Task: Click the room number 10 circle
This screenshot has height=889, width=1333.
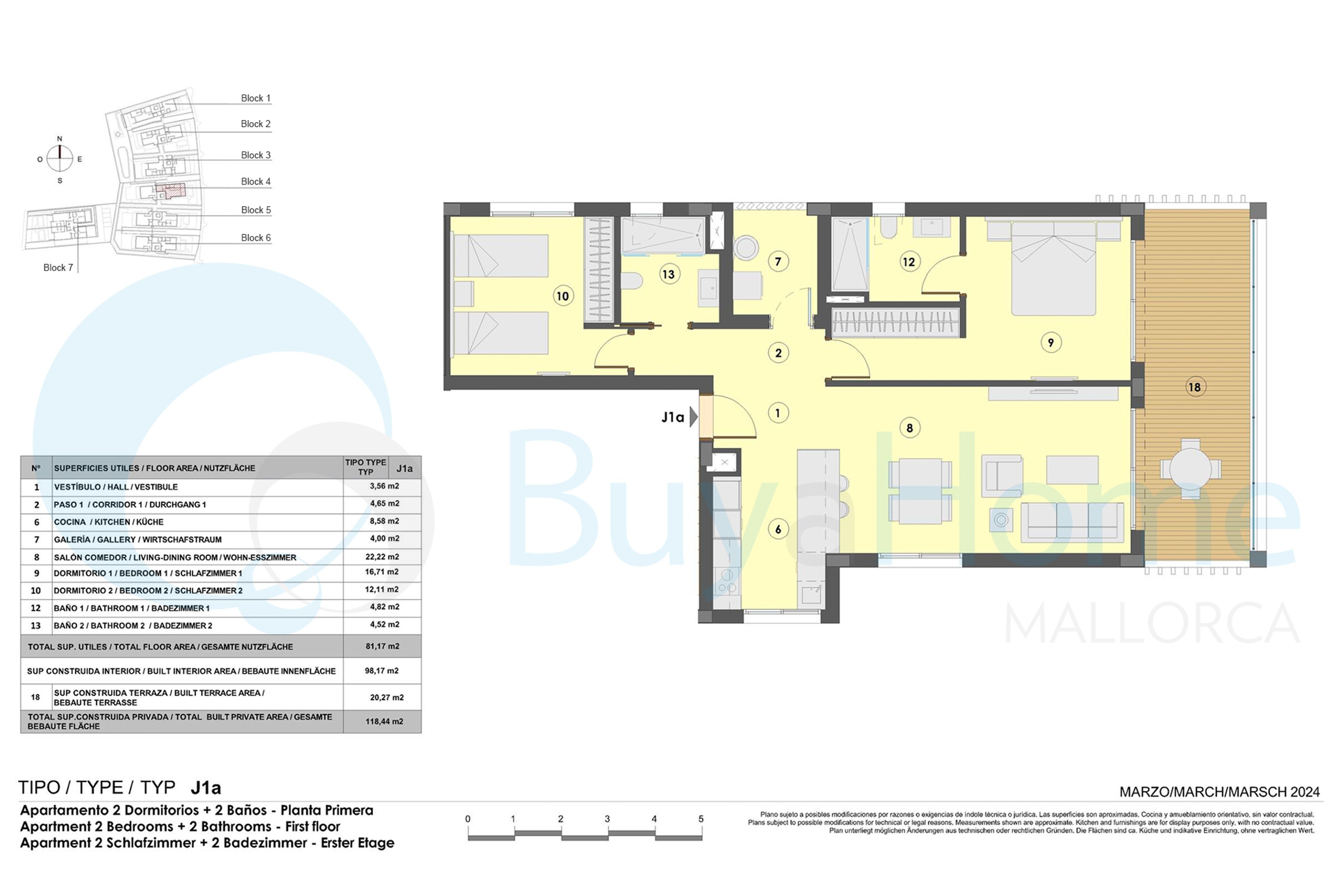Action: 562,296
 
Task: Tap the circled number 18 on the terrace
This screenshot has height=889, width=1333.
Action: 1195,387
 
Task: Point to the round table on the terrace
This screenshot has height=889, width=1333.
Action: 1190,469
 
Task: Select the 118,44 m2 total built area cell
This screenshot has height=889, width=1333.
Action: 384,722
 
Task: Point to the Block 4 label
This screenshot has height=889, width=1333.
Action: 255,181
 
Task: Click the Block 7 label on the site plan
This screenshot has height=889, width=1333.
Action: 58,268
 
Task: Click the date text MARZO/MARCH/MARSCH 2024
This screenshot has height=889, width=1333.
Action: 1219,792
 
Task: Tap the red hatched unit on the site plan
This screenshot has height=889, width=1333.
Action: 170,191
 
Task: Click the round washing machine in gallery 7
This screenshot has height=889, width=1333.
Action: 746,248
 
